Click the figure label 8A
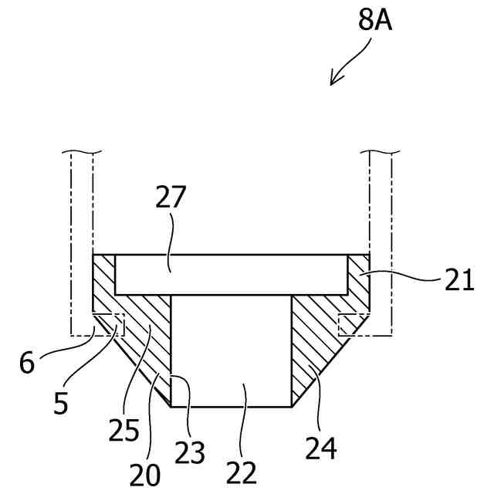[375, 21]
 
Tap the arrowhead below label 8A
[334, 79]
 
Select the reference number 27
[171, 197]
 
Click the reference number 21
[459, 279]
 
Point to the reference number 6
[27, 363]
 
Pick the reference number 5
[61, 404]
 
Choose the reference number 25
[123, 430]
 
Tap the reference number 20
[145, 475]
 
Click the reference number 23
[190, 452]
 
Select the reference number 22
[242, 472]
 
